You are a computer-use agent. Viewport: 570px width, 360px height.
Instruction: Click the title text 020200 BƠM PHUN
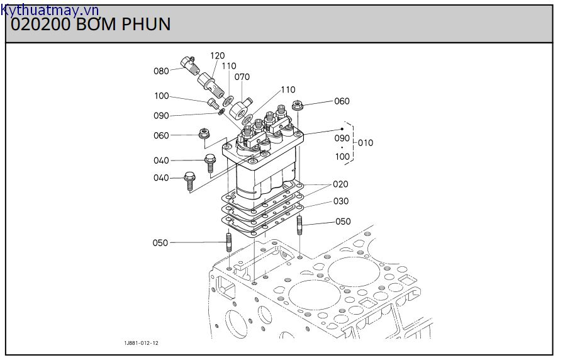91,24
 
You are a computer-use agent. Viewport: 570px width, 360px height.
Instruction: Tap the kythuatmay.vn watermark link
50,9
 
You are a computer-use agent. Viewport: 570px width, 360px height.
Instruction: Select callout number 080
161,71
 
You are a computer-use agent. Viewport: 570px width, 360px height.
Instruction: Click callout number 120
217,56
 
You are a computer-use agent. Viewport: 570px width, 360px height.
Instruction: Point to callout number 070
242,77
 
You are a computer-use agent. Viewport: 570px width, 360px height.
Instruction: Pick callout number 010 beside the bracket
365,143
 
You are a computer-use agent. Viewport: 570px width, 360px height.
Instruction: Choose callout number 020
340,184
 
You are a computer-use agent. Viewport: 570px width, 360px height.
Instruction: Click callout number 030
340,201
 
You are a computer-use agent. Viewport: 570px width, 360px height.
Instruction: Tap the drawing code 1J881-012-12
141,343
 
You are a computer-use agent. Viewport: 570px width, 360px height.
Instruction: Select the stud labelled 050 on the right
301,223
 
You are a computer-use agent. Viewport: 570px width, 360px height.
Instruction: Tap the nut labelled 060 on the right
299,105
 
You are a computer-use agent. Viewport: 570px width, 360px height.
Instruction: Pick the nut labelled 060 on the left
203,133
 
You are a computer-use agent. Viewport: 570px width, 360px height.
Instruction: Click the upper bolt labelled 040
210,162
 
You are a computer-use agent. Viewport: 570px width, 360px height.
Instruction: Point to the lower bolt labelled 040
189,179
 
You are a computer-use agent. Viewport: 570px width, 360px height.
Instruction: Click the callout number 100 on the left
161,96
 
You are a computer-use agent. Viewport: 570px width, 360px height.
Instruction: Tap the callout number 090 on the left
161,116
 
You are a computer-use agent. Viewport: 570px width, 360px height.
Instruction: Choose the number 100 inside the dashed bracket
342,157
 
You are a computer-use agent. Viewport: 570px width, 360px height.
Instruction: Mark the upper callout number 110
228,66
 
